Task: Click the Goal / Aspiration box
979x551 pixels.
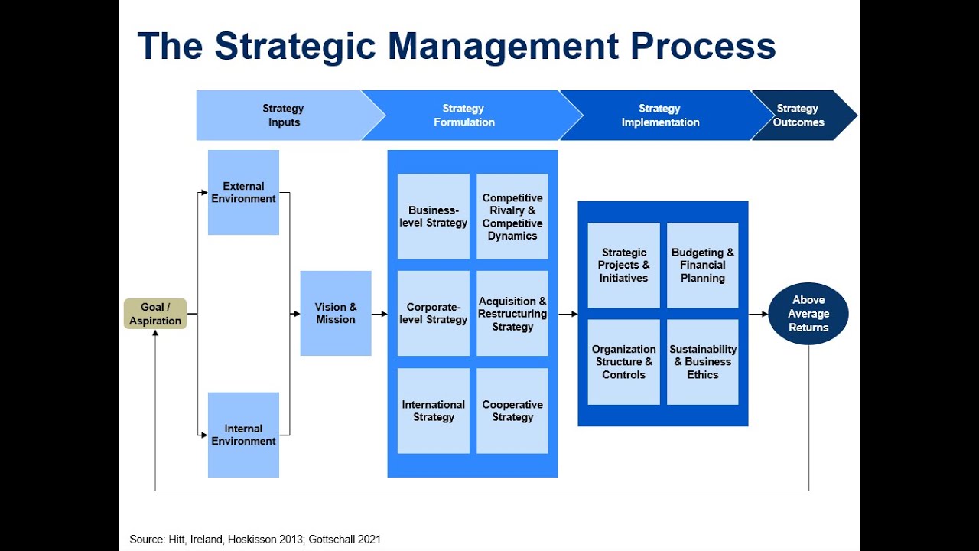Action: [x=155, y=314]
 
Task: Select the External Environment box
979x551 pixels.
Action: [x=243, y=192]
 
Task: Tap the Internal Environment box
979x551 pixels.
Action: [x=243, y=435]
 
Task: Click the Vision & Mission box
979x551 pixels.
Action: [x=336, y=313]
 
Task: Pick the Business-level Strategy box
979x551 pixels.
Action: [x=434, y=217]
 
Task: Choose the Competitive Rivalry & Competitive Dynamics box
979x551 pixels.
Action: [x=512, y=217]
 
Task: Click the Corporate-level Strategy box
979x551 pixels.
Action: [x=434, y=313]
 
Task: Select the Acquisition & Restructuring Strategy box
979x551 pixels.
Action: [x=512, y=313]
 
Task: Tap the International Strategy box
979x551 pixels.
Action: [x=434, y=411]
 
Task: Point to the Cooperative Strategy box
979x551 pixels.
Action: [x=512, y=411]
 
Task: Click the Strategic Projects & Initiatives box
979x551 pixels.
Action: [x=623, y=266]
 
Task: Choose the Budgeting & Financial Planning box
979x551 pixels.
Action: [x=703, y=266]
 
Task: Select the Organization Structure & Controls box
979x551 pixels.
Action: [x=623, y=362]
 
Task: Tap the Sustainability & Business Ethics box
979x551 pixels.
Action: [x=703, y=362]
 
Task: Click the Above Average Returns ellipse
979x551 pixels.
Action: [x=808, y=314]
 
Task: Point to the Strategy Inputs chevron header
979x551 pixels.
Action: [x=283, y=116]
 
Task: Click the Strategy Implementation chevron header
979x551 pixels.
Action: [x=659, y=116]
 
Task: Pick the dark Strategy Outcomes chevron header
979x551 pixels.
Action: [x=799, y=116]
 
